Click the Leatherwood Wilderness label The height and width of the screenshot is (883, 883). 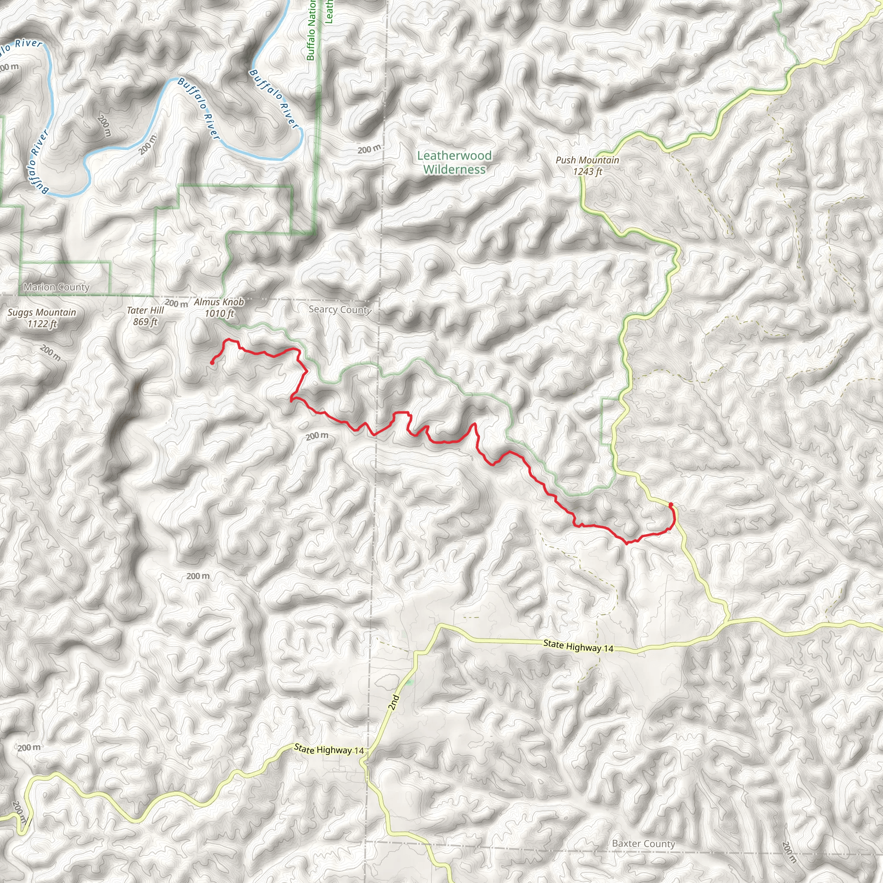(454, 163)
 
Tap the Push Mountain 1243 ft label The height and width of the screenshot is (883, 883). (587, 166)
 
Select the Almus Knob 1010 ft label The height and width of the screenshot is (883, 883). (219, 307)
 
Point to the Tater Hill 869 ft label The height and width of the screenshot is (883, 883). (145, 316)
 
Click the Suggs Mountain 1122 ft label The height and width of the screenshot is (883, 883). (42, 318)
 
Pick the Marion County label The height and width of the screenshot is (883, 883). (56, 287)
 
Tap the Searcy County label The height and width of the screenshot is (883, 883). (340, 310)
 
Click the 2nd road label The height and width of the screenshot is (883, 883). (394, 702)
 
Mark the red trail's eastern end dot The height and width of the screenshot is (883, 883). (670, 504)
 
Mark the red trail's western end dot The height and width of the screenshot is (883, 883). (212, 363)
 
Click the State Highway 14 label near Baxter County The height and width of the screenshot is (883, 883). (578, 646)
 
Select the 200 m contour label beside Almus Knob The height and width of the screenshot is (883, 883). (176, 303)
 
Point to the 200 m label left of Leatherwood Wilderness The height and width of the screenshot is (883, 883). (369, 150)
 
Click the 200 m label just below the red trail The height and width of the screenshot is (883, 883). (317, 436)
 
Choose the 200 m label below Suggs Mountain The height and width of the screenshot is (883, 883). (50, 352)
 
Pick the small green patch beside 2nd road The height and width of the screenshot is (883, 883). (410, 683)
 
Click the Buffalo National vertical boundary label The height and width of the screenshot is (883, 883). (311, 30)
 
